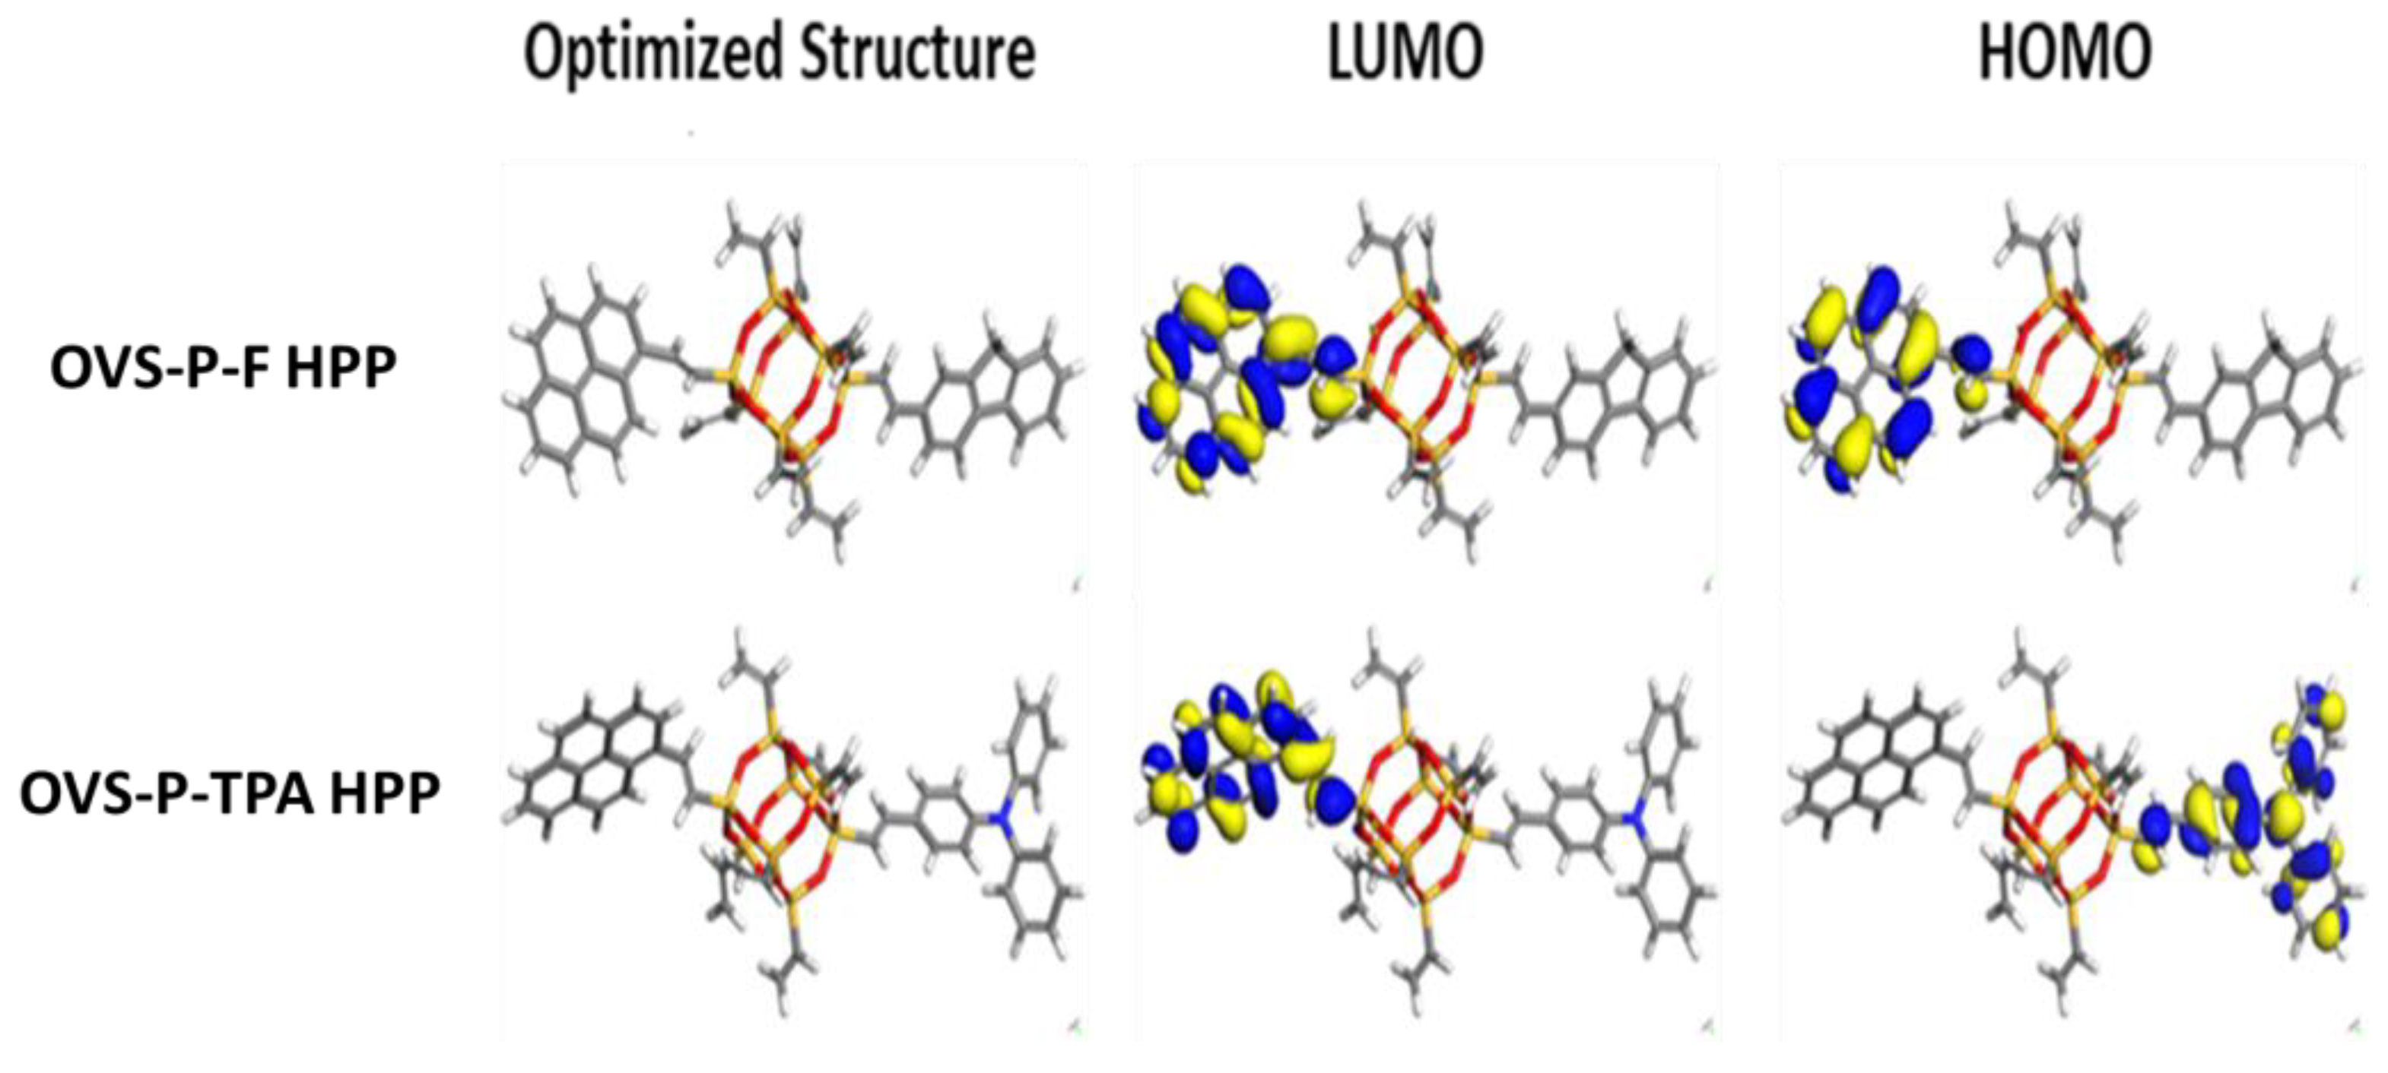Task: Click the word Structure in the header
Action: pos(918,54)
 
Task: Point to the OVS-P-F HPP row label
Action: pos(224,368)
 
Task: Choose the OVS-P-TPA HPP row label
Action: pos(230,794)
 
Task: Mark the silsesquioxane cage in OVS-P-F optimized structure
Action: pos(784,375)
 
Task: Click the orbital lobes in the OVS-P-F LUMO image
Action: pos(1233,380)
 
